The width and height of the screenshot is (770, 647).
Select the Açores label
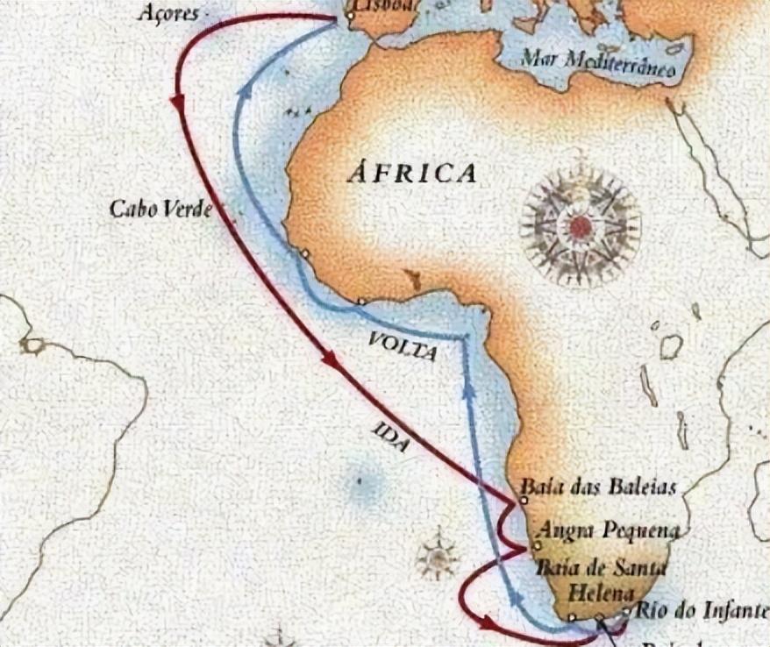click(x=168, y=14)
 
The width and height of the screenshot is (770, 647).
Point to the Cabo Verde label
click(x=160, y=210)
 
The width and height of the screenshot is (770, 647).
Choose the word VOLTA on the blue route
click(x=401, y=347)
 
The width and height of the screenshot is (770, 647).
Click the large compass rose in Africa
click(x=580, y=227)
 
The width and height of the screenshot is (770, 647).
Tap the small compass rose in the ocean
click(x=437, y=556)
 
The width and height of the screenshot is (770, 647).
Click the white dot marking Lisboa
click(x=350, y=15)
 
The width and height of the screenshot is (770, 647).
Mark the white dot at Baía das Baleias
click(x=523, y=500)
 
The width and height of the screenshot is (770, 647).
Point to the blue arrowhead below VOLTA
click(x=470, y=388)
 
